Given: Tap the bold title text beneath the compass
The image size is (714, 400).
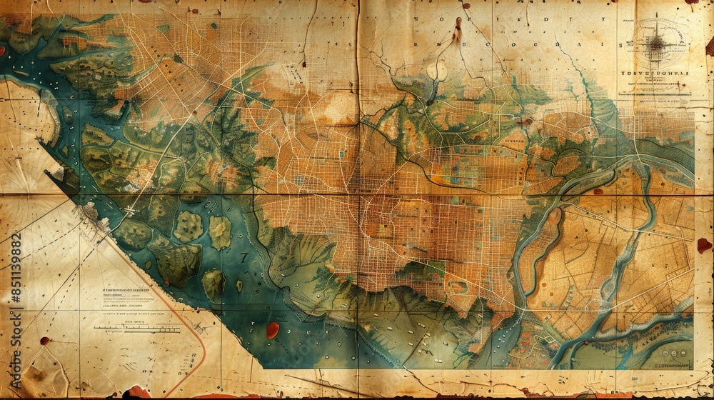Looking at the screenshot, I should point(655,73).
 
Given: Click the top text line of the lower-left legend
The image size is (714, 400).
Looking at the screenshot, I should point(122,291).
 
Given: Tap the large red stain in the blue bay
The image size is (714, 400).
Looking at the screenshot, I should point(272,330).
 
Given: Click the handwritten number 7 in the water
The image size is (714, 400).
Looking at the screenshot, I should point(243,257).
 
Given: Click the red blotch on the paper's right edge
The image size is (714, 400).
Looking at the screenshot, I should point(704,245).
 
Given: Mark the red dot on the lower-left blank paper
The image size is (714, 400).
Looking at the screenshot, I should point(44,341).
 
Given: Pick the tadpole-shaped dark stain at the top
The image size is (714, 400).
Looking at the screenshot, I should point(456,32).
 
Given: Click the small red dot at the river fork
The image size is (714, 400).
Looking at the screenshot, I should point(528,122).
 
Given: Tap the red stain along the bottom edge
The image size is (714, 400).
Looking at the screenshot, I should point(136,392).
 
